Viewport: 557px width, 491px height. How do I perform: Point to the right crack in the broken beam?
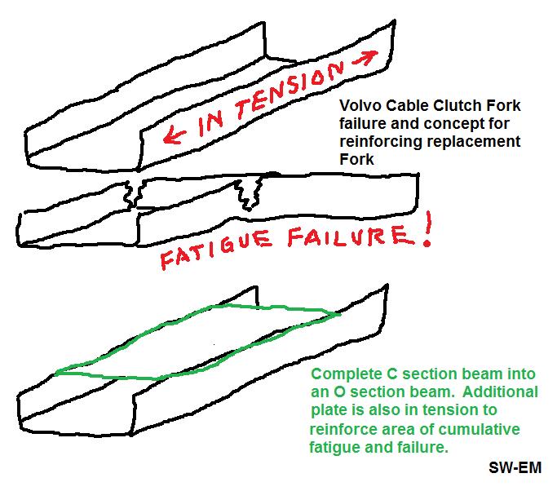pos(245,194)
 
